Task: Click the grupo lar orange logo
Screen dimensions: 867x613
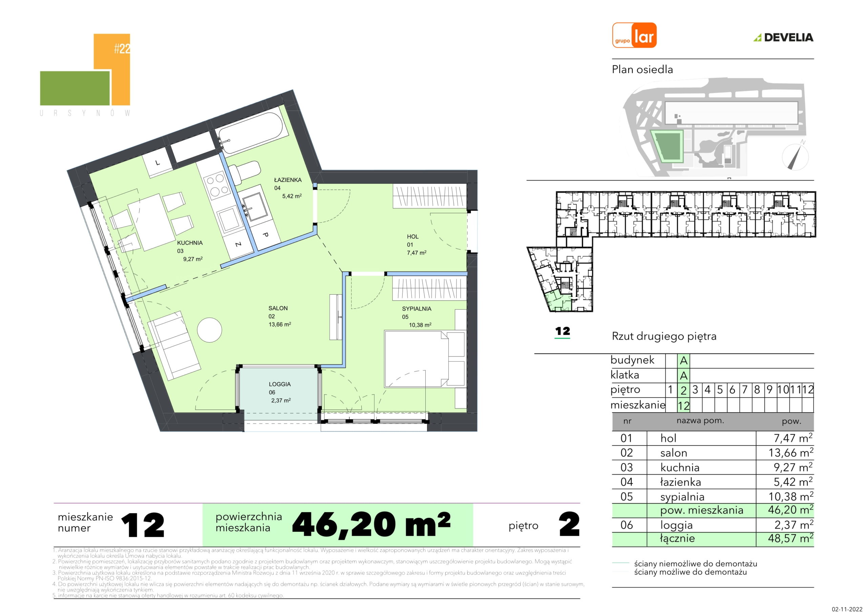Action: click(x=634, y=35)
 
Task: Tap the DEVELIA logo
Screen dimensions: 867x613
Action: click(x=784, y=37)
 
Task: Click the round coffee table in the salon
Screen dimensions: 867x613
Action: click(x=210, y=330)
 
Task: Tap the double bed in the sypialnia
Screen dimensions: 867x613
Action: click(x=424, y=359)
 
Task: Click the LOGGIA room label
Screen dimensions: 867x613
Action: click(x=280, y=384)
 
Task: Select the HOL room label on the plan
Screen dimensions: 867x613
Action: click(x=413, y=236)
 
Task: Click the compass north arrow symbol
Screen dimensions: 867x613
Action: click(x=795, y=156)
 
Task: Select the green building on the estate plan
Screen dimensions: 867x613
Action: click(x=668, y=147)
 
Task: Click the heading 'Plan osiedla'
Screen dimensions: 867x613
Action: click(x=642, y=69)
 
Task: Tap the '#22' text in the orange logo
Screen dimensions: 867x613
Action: click(x=122, y=49)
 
